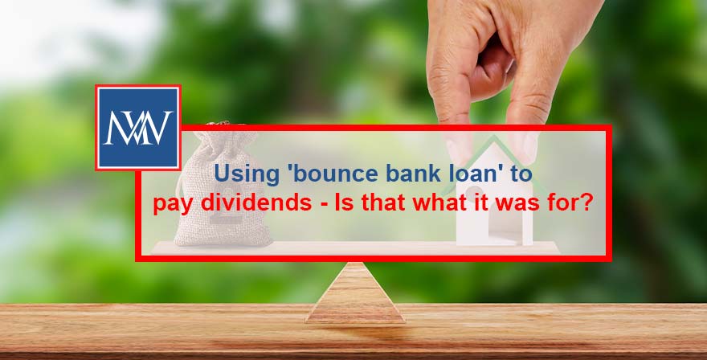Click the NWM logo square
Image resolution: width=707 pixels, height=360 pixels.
(137, 128)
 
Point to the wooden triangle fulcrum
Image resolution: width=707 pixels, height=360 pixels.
(353, 296)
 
